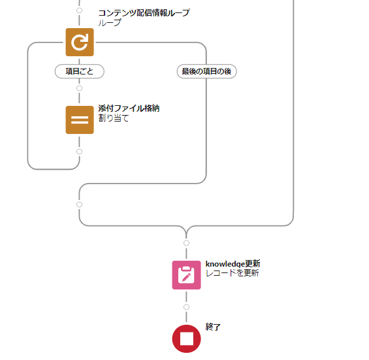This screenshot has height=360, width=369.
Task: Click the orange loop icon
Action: (80, 42)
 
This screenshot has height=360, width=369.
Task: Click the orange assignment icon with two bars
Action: (80, 120)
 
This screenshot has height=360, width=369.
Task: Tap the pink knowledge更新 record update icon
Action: (186, 275)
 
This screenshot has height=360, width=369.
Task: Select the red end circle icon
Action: (186, 339)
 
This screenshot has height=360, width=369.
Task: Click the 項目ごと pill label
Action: (80, 71)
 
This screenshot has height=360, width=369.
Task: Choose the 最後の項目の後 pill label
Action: (206, 71)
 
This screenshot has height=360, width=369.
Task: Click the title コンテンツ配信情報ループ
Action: (144, 12)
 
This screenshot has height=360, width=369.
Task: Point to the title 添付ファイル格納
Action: (129, 108)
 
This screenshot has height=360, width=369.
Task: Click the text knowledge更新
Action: (233, 264)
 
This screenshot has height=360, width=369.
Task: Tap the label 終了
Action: (213, 327)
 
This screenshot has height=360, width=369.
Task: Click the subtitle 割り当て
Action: (114, 118)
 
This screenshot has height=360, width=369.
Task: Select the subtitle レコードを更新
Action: (233, 273)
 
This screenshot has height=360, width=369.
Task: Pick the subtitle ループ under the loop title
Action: (110, 23)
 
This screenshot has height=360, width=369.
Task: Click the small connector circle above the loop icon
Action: (80, 10)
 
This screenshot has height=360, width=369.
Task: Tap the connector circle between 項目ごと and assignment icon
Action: (80, 88)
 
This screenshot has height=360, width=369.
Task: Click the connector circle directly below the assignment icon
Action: (80, 152)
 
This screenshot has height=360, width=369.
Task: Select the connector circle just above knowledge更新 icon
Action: (186, 243)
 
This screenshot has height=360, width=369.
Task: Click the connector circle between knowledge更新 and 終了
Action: (186, 307)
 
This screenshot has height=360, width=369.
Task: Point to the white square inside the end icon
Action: (187, 339)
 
